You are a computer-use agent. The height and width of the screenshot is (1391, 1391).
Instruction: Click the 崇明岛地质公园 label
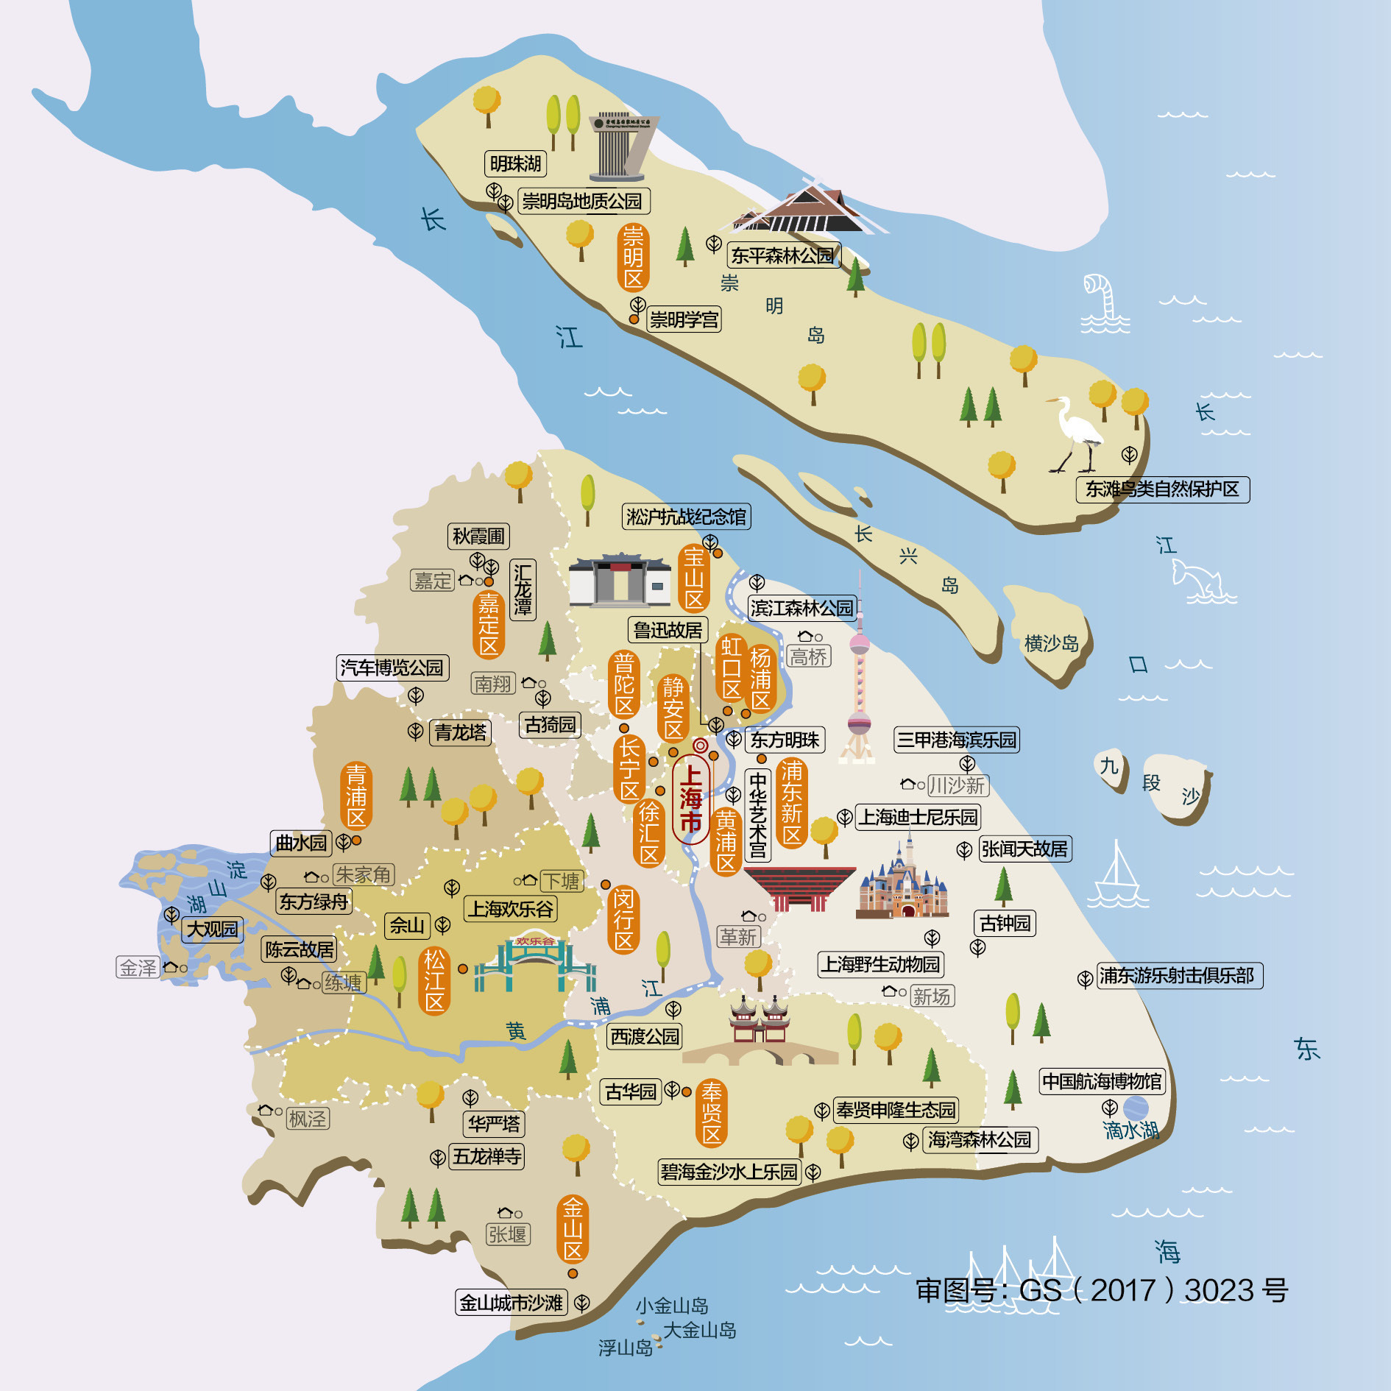coord(582,201)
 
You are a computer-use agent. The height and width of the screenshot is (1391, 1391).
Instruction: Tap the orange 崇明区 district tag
coord(633,258)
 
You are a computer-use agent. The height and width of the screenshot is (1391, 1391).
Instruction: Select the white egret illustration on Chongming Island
coord(1076,434)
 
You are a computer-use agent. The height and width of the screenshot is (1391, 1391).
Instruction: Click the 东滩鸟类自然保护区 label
coord(1162,489)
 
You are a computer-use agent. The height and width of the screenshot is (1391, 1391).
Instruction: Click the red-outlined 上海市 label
coord(690,799)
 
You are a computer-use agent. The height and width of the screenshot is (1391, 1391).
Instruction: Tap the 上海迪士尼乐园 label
coord(918,817)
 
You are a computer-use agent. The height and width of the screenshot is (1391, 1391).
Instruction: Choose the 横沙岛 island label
coord(1051,644)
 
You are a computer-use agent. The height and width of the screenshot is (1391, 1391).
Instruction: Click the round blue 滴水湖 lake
coord(1136,1108)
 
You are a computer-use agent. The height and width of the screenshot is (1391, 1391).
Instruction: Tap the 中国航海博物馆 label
coord(1102,1081)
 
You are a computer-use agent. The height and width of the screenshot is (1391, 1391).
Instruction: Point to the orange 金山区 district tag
coord(573,1229)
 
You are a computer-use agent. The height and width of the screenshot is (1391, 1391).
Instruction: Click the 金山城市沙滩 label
coord(512,1303)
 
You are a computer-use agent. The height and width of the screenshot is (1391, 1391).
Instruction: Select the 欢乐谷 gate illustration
coord(535,964)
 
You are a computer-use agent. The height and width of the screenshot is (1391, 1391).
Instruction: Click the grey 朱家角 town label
coord(364,875)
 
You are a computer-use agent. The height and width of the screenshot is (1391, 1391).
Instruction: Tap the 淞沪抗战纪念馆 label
coord(686,517)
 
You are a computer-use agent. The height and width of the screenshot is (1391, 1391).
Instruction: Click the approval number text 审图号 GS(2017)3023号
coord(1101,1290)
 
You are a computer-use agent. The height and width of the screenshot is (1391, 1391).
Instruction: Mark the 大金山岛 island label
coord(699,1331)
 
